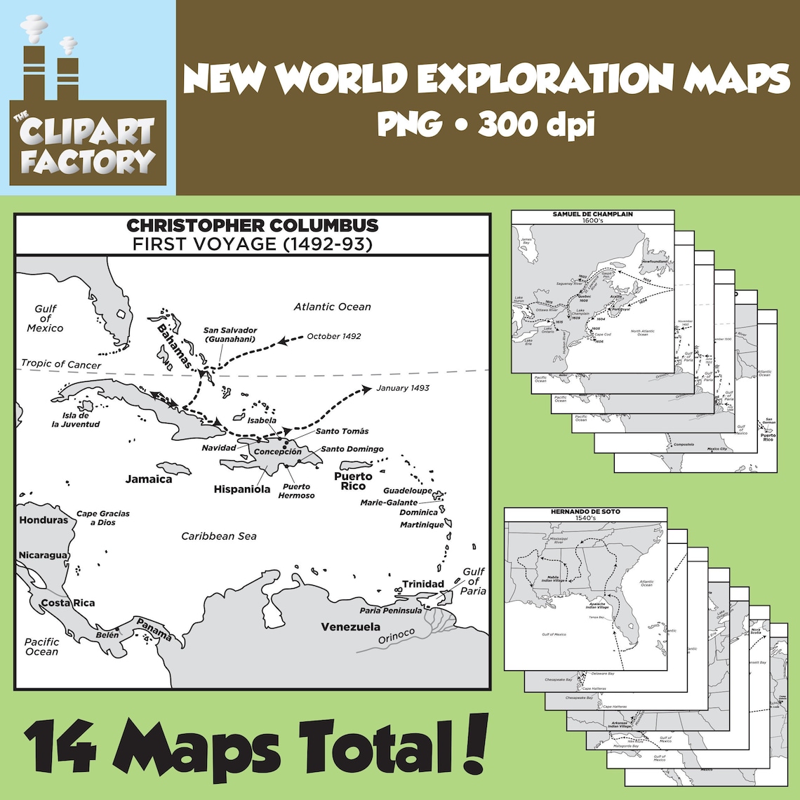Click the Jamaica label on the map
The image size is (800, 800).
[x=149, y=479]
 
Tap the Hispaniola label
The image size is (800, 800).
[x=242, y=489]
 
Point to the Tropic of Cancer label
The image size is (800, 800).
[x=61, y=364]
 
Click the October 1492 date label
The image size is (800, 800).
[x=334, y=336]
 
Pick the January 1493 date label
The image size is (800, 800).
[x=403, y=387]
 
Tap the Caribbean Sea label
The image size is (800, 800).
[x=219, y=536]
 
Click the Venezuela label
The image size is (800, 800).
[x=351, y=627]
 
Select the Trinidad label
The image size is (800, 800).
[x=423, y=584]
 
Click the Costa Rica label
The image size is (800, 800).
[x=67, y=603]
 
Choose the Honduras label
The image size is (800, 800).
[x=44, y=520]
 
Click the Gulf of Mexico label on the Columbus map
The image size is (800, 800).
[x=45, y=319]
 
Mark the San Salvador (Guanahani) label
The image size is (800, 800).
[x=230, y=335]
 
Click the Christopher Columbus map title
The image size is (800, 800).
[x=252, y=226]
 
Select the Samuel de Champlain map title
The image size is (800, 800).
[x=592, y=214]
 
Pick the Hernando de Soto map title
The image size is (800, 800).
[x=586, y=512]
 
